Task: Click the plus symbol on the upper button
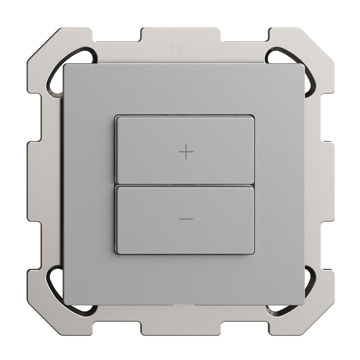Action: tap(186, 153)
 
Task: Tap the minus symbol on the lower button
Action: tap(186, 219)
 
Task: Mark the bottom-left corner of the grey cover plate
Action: tap(65, 304)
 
